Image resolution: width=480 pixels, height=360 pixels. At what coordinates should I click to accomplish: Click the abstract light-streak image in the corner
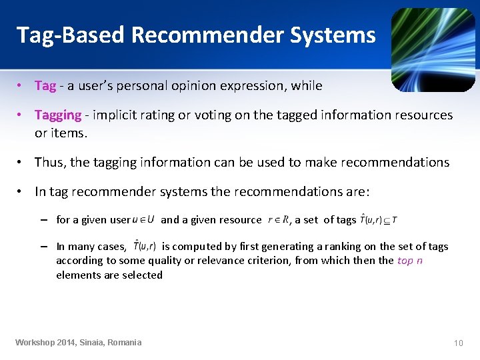coord(433,49)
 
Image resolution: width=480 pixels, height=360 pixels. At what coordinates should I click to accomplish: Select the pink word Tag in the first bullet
coord(45,85)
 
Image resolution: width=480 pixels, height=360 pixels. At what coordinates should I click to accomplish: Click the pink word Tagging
coord(58,115)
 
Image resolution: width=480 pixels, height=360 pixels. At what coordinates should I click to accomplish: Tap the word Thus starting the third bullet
coord(49,162)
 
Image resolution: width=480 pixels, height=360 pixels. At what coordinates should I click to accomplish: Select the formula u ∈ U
coord(143,219)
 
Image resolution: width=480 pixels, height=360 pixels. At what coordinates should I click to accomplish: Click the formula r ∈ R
coord(278,219)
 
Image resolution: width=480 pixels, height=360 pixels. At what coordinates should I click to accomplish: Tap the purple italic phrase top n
coord(410,260)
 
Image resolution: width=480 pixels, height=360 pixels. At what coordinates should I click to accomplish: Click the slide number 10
coord(458,343)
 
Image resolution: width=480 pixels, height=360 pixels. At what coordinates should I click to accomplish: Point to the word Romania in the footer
coord(122,343)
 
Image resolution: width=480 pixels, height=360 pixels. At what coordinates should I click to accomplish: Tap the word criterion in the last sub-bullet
coord(267,260)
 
